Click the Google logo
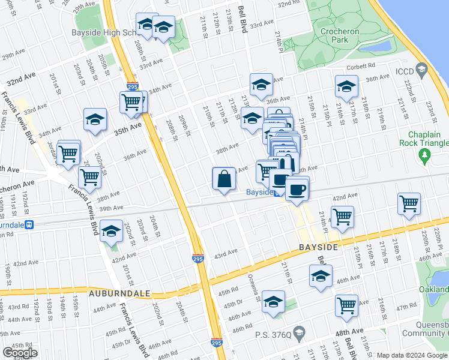[x=20, y=353]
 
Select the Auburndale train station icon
[x=28, y=224]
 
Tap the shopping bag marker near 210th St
[x=224, y=179]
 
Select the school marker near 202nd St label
[x=95, y=120]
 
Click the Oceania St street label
[x=255, y=287]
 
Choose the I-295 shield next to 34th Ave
[x=133, y=87]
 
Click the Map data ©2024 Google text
[x=412, y=355]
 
